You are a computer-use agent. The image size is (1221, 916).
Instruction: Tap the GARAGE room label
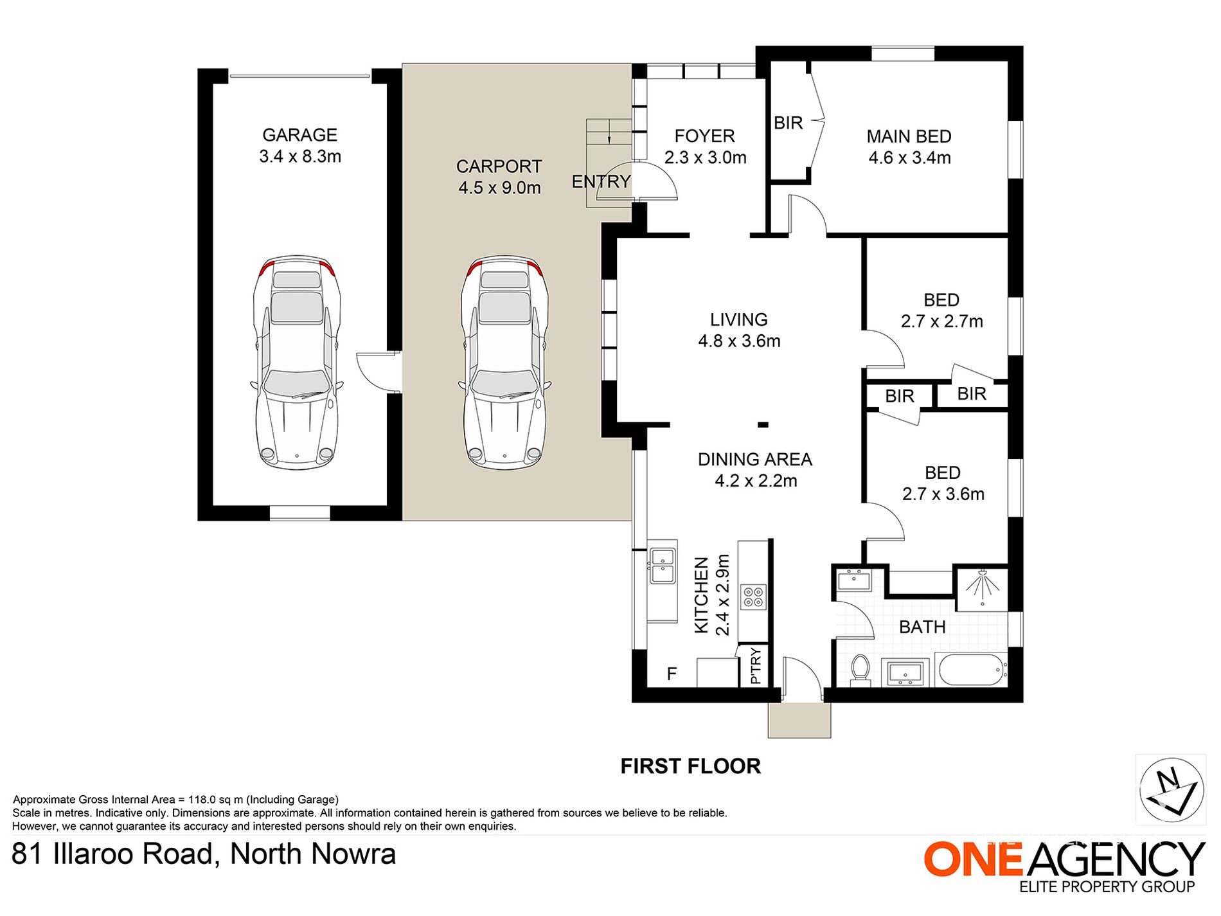click(x=299, y=135)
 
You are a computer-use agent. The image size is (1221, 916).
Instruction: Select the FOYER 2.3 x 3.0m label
click(x=705, y=147)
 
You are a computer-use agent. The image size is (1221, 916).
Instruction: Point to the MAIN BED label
click(x=909, y=136)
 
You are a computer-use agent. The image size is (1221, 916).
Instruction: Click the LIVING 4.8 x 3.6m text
click(x=739, y=330)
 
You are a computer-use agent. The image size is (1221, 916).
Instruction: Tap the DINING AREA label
click(x=755, y=460)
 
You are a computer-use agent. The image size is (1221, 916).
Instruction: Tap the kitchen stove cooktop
click(x=753, y=597)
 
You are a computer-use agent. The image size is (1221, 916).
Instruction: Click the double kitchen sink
click(x=663, y=566)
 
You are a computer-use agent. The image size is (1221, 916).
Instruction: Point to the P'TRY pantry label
click(x=756, y=666)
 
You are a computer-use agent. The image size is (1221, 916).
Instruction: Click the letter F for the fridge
click(x=672, y=674)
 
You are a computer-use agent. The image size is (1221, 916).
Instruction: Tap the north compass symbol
click(x=1171, y=789)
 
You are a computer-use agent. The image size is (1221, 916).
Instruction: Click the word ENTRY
click(x=601, y=182)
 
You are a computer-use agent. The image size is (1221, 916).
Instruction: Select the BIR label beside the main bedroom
click(x=789, y=123)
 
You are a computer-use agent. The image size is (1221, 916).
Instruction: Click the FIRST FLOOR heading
click(x=690, y=766)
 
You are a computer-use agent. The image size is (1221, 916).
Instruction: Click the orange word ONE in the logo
click(x=974, y=859)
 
